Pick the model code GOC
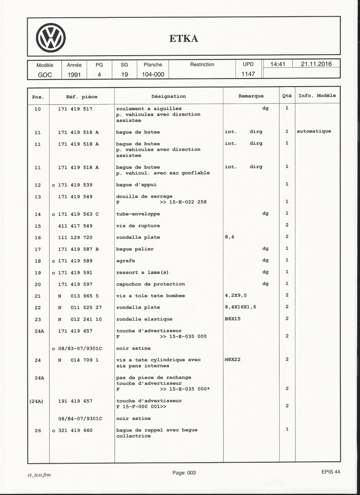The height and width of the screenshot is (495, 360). pos(44,74)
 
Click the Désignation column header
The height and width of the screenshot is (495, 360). pos(169,96)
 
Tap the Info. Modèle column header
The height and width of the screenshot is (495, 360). pos(317,96)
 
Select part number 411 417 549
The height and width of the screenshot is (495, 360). pos(75,225)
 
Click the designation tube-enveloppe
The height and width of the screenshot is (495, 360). pos(138,213)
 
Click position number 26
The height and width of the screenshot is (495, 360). pos(38,430)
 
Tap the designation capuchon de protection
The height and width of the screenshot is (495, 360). pos(150,284)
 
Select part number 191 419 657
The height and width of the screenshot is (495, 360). pos(75,401)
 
